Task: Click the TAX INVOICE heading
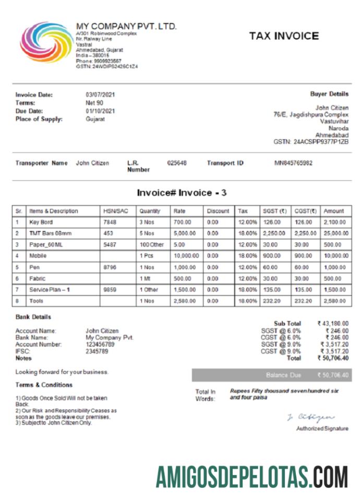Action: pyautogui.click(x=284, y=36)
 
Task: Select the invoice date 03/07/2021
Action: pyautogui.click(x=100, y=95)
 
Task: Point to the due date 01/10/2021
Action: pyautogui.click(x=100, y=111)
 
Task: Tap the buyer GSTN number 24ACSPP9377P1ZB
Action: pyautogui.click(x=311, y=141)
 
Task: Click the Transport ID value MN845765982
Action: pyautogui.click(x=293, y=163)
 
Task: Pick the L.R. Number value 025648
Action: pyautogui.click(x=176, y=163)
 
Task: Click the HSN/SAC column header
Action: pyautogui.click(x=116, y=211)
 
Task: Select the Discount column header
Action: pyautogui.click(x=218, y=211)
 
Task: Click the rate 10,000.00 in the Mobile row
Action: pyautogui.click(x=186, y=256)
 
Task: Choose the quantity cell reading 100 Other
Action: pyautogui.click(x=152, y=245)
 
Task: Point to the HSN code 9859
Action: pyautogui.click(x=109, y=289)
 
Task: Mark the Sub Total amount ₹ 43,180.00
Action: pyautogui.click(x=333, y=323)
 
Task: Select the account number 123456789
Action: pyautogui.click(x=100, y=345)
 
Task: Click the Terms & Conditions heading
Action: pyautogui.click(x=44, y=385)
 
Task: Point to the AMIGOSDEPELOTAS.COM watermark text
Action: pyautogui.click(x=251, y=477)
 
